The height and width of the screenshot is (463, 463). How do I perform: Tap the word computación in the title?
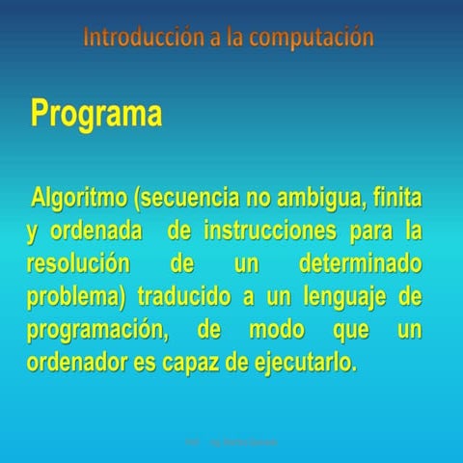pos(311,39)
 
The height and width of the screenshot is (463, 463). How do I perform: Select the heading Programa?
pos(95,114)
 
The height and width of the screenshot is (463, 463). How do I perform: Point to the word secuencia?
pos(193,200)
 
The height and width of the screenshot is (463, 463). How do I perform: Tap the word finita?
pos(396,200)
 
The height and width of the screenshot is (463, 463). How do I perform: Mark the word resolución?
pos(78,264)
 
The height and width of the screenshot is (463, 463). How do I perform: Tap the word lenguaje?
pos(337,297)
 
